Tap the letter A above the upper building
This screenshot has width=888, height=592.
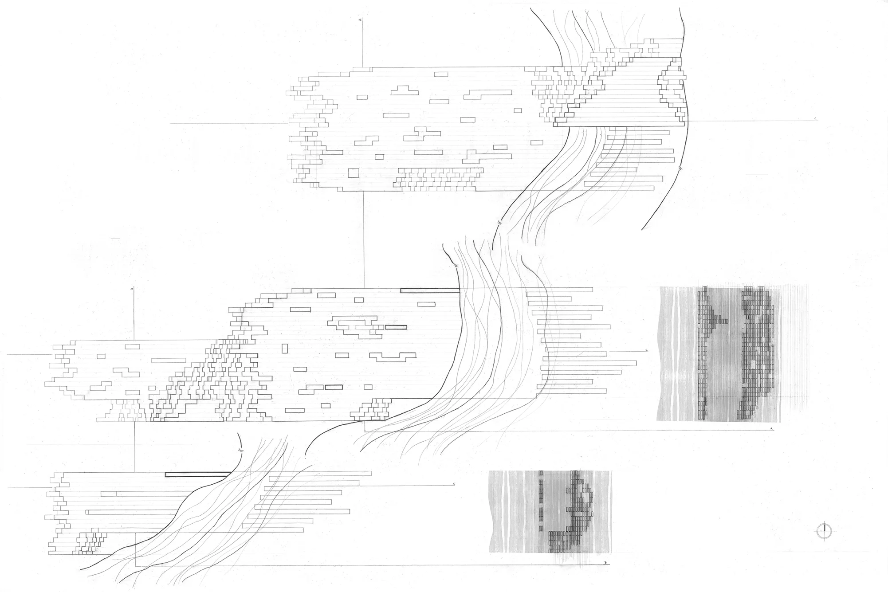(360, 20)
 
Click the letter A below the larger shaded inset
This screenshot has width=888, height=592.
(772, 429)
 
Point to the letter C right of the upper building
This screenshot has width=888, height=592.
(816, 119)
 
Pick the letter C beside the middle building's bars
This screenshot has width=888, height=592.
(647, 350)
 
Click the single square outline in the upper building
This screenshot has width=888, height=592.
(354, 173)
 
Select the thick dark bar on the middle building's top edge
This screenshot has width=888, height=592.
(429, 291)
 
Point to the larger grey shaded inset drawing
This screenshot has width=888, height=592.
(719, 353)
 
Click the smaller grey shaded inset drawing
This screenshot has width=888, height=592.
(550, 511)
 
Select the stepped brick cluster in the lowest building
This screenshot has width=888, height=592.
(92, 541)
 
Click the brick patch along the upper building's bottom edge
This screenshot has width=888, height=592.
(437, 179)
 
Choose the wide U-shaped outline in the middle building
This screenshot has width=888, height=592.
(393, 357)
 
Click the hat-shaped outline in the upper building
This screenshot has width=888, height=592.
(404, 90)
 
